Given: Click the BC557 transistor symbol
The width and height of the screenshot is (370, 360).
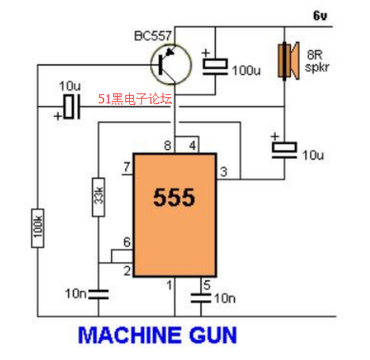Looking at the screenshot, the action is pyautogui.click(x=171, y=65).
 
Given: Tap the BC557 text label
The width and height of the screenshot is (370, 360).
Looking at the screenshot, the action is pyautogui.click(x=153, y=36).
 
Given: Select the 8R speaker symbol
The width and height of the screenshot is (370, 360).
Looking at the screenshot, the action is pyautogui.click(x=289, y=61).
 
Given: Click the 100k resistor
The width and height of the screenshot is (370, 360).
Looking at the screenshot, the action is pyautogui.click(x=38, y=228).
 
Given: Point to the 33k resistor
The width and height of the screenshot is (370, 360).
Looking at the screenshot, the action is pyautogui.click(x=99, y=197).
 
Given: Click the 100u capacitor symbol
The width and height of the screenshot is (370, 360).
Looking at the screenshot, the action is pyautogui.click(x=215, y=66).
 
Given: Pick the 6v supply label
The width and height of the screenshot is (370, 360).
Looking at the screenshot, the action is pyautogui.click(x=320, y=15).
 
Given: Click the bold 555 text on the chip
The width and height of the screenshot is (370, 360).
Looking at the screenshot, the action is pyautogui.click(x=174, y=197).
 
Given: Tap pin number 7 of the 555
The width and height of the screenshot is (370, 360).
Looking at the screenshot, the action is pyautogui.click(x=127, y=167).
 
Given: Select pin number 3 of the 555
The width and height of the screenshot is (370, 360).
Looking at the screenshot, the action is pyautogui.click(x=223, y=172).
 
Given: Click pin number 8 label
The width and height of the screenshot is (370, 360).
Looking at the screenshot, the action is pyautogui.click(x=167, y=146).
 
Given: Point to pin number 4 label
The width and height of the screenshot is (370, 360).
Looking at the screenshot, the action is pyautogui.click(x=193, y=146).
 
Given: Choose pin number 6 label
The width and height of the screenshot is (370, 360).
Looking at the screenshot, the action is pyautogui.click(x=127, y=242).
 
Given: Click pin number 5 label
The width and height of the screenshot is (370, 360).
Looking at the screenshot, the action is pyautogui.click(x=207, y=286).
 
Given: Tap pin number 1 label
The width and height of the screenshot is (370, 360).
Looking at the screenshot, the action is pyautogui.click(x=169, y=285).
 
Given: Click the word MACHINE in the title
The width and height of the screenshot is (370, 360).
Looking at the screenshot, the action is pyautogui.click(x=129, y=335).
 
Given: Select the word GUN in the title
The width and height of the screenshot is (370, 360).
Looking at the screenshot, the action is pyautogui.click(x=213, y=335).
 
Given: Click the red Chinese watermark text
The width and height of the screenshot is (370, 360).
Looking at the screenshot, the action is pyautogui.click(x=135, y=99).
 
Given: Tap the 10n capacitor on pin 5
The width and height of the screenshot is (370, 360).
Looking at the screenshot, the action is pyautogui.click(x=201, y=298).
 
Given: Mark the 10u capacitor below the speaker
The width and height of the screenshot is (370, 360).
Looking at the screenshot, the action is pyautogui.click(x=284, y=150).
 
